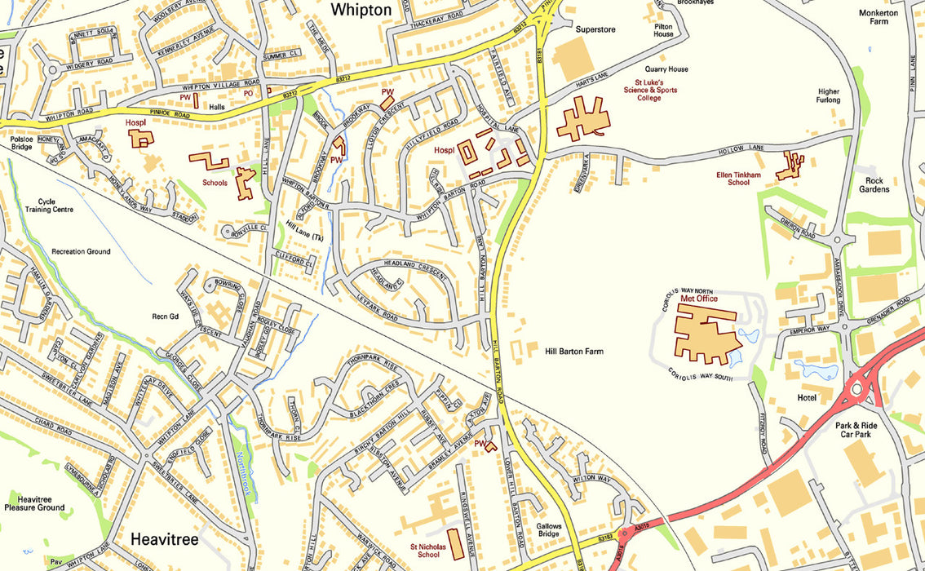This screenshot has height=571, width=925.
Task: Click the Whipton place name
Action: coord(361,10)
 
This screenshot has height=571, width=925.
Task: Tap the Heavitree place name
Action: coord(165,539)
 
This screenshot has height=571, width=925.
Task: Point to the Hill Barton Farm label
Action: coord(574,352)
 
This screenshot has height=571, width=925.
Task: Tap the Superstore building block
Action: coord(573,59)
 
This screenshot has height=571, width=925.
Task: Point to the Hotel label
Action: coord(807,397)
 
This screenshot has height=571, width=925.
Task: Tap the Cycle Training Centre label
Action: coord(49,205)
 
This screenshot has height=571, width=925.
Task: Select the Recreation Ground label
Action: coord(80,251)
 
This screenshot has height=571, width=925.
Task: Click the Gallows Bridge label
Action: coord(548,530)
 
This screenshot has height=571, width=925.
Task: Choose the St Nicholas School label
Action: coord(428,550)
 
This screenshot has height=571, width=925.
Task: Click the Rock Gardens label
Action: coord(877,184)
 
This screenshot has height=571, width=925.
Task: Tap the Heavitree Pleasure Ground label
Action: coord(34,502)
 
